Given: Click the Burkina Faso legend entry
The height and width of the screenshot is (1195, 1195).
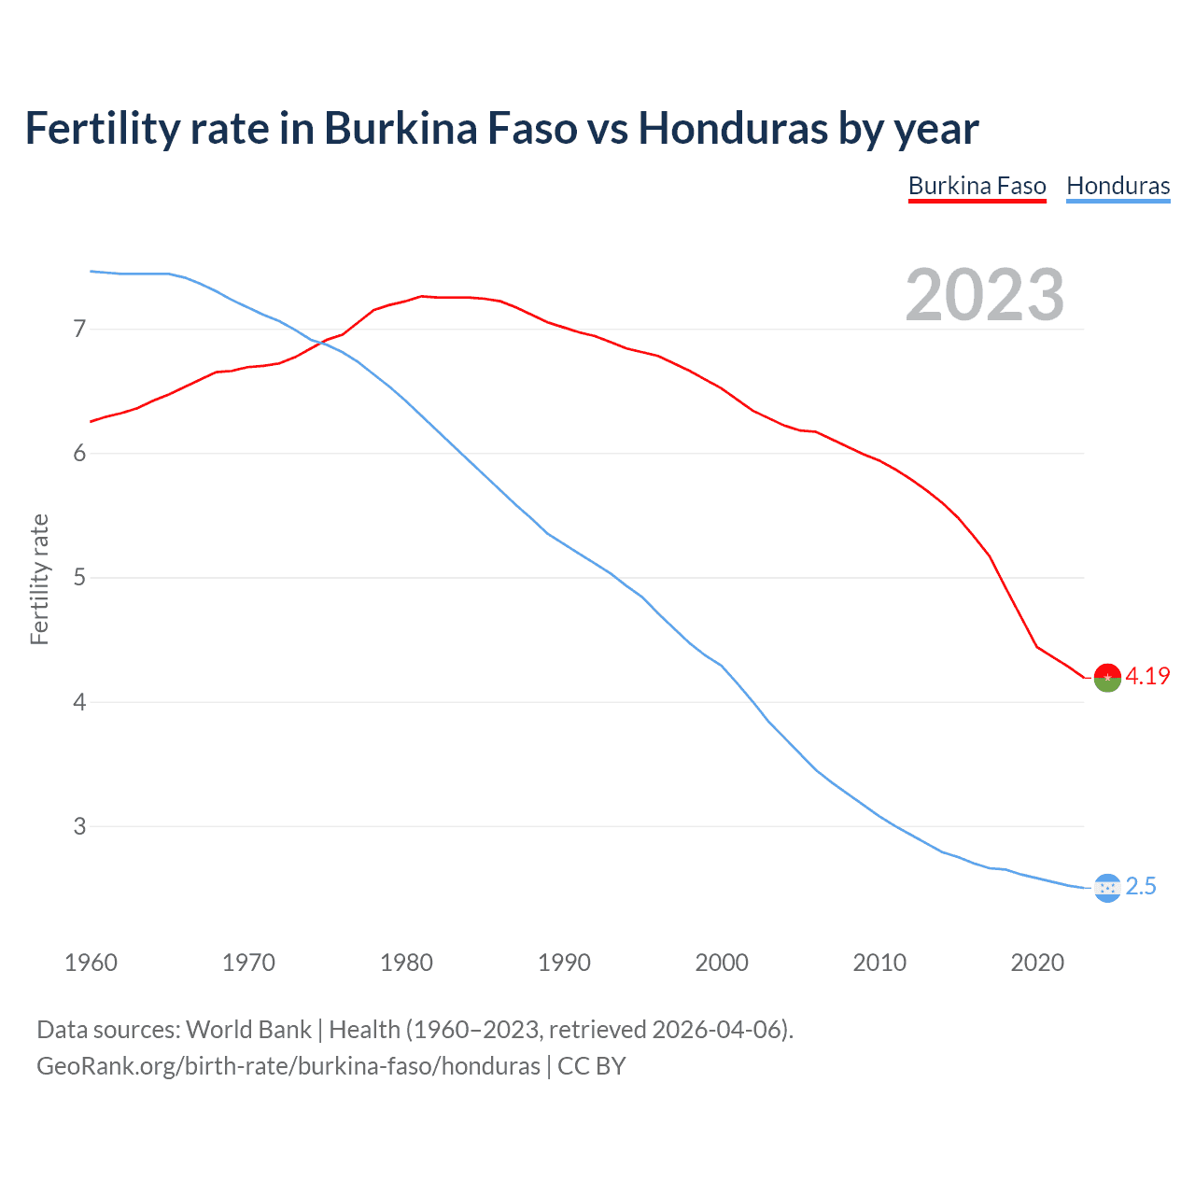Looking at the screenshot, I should [x=977, y=186].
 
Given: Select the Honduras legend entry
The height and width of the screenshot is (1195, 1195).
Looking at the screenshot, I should [x=1118, y=186].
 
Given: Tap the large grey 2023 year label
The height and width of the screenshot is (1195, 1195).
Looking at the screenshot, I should [x=984, y=295].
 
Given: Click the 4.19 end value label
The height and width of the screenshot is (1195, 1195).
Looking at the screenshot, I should [x=1147, y=677].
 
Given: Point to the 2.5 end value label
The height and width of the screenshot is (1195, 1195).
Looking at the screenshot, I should [x=1141, y=887].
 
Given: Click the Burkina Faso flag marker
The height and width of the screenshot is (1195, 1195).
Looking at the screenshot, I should [x=1107, y=678].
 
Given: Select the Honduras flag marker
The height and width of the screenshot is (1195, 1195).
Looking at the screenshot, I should [x=1107, y=888].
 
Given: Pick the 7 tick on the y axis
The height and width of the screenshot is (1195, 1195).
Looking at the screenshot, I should [x=79, y=329].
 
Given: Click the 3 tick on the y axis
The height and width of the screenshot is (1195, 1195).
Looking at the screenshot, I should [x=79, y=826].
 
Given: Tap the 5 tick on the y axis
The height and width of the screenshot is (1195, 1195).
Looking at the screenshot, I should [x=79, y=578].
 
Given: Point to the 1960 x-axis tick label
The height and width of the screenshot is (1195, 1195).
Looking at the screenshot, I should [x=91, y=963].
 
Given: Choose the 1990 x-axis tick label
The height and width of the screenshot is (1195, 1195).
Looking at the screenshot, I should [x=564, y=963].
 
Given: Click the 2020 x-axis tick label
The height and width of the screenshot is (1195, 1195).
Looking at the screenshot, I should [x=1037, y=963].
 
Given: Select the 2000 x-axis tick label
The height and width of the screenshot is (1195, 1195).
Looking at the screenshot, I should [x=722, y=963].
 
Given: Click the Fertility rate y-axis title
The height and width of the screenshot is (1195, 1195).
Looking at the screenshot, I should [x=39, y=579].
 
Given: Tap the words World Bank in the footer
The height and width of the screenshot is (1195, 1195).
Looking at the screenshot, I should [x=248, y=1030].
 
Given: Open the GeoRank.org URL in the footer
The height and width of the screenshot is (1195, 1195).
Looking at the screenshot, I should [x=288, y=1066].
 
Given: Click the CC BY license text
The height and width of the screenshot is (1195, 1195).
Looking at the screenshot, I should [x=592, y=1066].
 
